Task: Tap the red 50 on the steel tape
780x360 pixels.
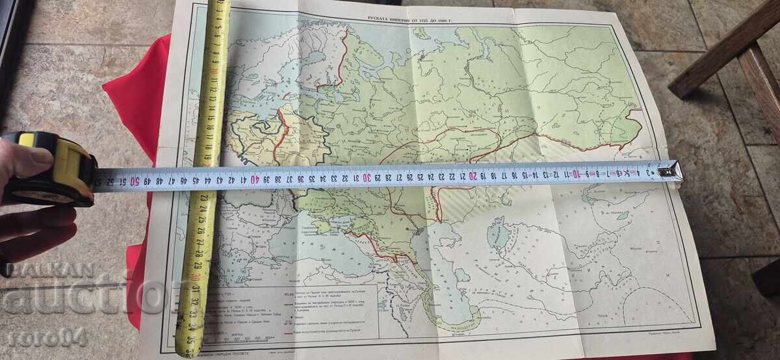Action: click(x=135, y=181)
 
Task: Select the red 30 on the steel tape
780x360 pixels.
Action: click(x=367, y=177)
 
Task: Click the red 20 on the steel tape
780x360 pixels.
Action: click(x=473, y=175)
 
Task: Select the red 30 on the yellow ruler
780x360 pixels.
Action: click(x=196, y=277)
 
